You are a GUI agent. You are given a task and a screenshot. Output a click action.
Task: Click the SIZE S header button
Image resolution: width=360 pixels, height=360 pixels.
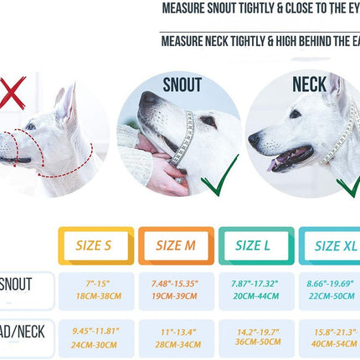coord(94,246)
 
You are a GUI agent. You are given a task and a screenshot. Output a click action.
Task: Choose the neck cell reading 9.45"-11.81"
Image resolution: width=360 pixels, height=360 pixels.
coord(95,337)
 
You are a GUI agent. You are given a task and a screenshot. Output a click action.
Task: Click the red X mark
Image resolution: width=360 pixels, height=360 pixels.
coord(12,93)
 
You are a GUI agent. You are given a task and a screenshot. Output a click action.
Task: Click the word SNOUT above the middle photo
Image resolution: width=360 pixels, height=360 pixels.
coord(182,85)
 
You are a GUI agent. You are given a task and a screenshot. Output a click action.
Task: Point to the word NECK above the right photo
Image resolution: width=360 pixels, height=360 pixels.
coord(309,85)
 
